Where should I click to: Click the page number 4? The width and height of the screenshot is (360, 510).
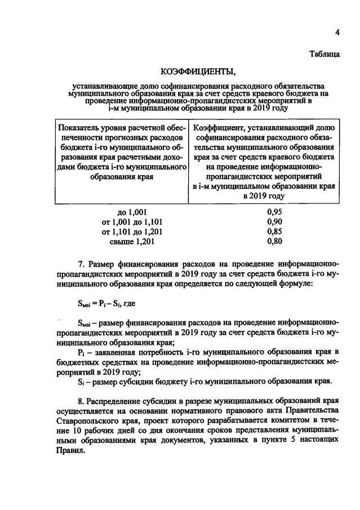click(x=337, y=32)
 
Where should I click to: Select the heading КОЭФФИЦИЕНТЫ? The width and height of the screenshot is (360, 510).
click(x=197, y=72)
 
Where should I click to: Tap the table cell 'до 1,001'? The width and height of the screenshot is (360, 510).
click(x=131, y=212)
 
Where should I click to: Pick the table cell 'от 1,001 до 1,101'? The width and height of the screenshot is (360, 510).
click(x=131, y=221)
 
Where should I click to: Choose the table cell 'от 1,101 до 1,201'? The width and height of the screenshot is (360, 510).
click(x=131, y=232)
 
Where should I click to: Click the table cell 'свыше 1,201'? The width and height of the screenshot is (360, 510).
click(x=131, y=242)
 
